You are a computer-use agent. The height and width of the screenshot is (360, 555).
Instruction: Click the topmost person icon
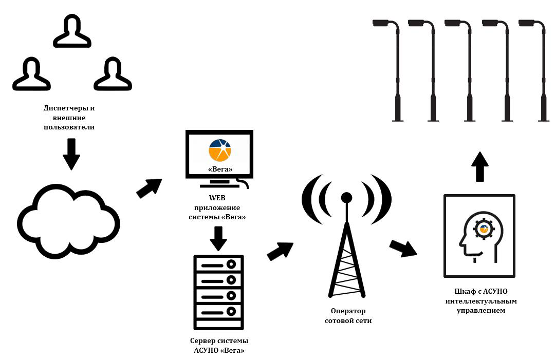[72, 32]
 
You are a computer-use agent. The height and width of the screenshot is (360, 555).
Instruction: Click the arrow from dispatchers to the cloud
[71, 154]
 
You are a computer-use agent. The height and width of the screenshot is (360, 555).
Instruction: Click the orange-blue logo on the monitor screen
[220, 149]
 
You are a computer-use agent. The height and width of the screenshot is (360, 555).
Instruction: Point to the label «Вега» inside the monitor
[220, 169]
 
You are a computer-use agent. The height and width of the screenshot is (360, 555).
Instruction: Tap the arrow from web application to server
[219, 238]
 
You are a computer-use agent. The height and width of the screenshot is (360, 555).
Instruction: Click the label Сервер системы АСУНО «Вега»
[219, 346]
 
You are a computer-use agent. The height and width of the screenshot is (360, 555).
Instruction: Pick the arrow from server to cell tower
[281, 250]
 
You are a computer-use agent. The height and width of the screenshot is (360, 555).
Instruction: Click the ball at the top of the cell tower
[347, 198]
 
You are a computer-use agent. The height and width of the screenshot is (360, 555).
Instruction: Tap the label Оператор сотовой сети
[348, 316]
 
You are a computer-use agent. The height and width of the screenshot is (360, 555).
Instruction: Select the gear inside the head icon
[483, 228]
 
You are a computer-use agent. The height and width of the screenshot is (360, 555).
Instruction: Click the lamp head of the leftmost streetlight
[381, 23]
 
